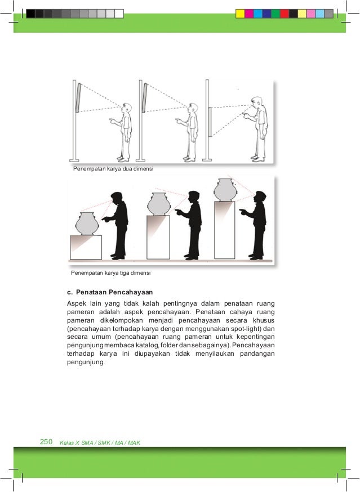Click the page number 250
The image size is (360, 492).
coord(46,441)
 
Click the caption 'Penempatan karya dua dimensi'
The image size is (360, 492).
coord(113,168)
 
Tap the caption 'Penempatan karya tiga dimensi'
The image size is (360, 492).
coord(110,272)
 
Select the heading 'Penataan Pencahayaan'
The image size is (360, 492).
coord(114,292)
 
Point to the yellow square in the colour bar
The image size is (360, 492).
coord(241,14)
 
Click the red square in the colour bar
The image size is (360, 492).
coord(285,14)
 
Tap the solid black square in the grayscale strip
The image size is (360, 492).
coord(30,14)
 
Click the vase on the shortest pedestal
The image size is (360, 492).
coord(87,223)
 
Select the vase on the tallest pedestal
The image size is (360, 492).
coord(225,190)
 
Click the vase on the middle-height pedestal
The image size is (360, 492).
coord(159,204)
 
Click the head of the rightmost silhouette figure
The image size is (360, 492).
coord(260,197)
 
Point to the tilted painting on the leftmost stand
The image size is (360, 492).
coord(78,97)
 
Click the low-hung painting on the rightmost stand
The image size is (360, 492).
coord(210,122)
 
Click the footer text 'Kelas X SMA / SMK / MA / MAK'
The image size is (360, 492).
coord(100,442)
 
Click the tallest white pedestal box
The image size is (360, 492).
coord(225,230)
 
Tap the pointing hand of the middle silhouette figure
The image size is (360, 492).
coord(179,212)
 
